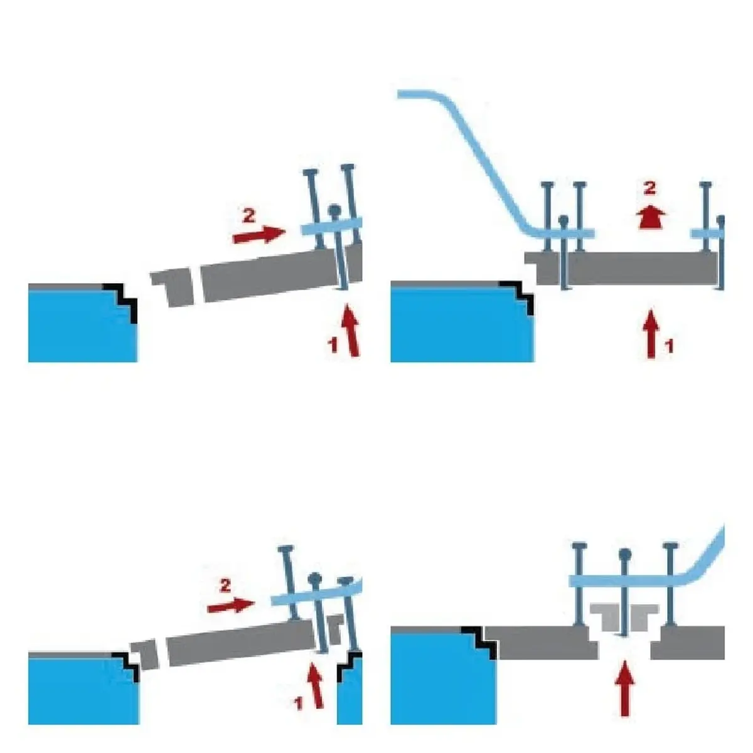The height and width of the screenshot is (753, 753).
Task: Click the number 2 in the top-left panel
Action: pyautogui.click(x=249, y=215)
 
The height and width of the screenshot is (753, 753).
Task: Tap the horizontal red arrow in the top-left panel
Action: pyautogui.click(x=259, y=234)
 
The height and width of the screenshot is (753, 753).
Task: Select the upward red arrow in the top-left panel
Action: pyautogui.click(x=351, y=330)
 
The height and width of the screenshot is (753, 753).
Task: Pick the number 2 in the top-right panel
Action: pyautogui.click(x=649, y=188)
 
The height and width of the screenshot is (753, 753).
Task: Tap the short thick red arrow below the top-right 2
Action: pyautogui.click(x=651, y=217)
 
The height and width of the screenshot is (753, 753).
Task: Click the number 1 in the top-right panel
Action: pyautogui.click(x=670, y=346)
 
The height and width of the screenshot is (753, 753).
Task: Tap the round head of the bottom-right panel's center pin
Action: pyautogui.click(x=625, y=553)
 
